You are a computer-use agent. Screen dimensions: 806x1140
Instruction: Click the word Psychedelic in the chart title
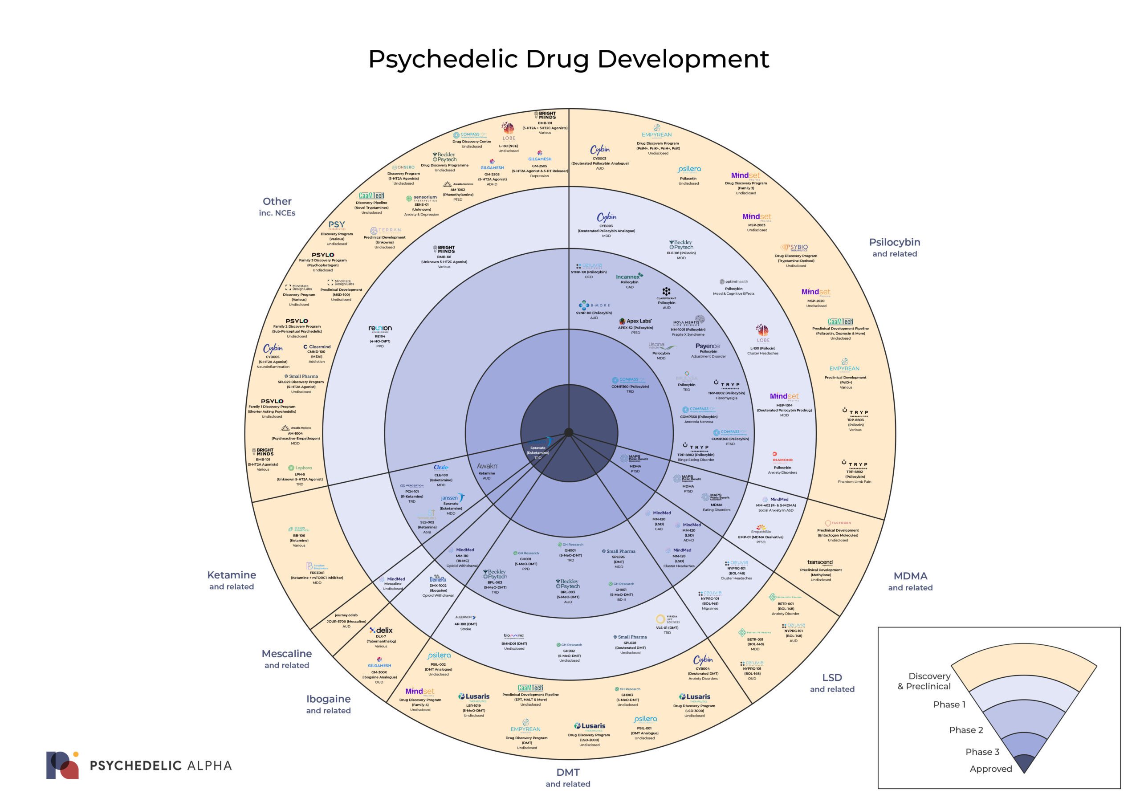(444, 59)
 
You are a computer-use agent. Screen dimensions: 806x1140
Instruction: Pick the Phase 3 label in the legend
(982, 752)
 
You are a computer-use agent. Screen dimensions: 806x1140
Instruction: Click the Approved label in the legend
(990, 769)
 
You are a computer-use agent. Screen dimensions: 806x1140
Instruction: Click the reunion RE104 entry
(380, 336)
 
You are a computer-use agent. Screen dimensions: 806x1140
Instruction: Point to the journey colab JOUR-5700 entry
(346, 621)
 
